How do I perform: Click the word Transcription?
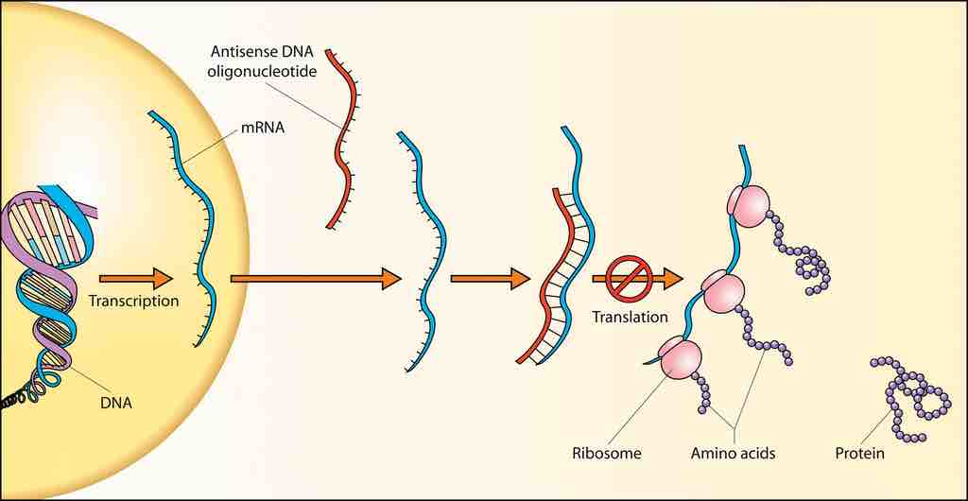click(x=133, y=302)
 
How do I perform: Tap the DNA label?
click(x=115, y=403)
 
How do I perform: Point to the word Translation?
click(x=630, y=317)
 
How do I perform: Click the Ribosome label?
click(x=607, y=453)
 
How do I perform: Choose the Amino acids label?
click(x=733, y=453)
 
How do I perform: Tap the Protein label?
click(x=859, y=453)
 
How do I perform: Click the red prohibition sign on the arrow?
click(x=624, y=277)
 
